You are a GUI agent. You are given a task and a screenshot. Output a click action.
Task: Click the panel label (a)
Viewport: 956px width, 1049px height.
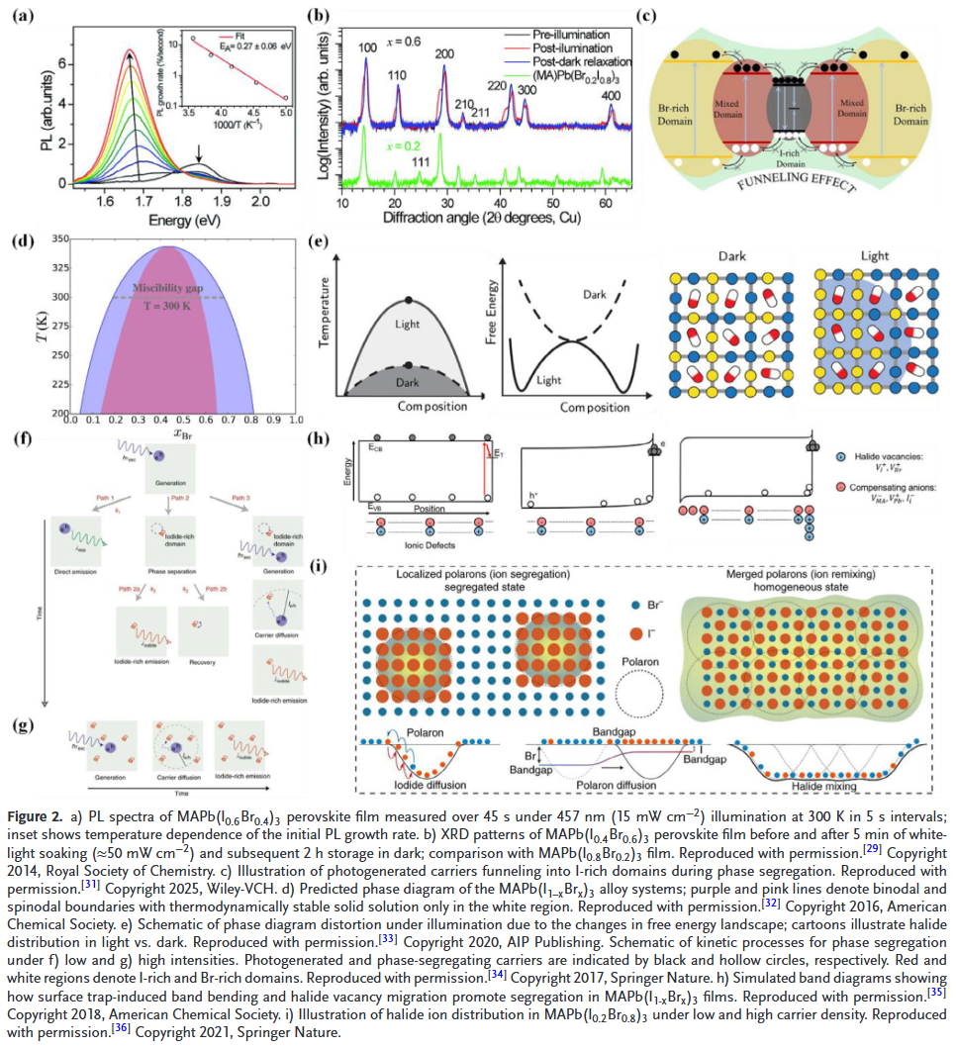[x=23, y=14]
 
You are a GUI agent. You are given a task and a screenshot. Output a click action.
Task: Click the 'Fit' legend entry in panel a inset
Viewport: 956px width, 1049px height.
[x=244, y=37]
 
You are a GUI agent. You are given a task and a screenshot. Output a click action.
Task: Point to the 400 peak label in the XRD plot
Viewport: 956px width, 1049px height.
[x=611, y=95]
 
